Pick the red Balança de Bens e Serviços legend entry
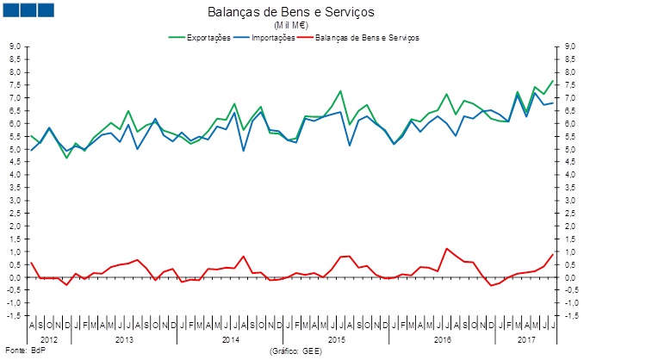click(x=367, y=38)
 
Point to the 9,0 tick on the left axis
click(x=15, y=47)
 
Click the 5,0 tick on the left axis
click(x=15, y=149)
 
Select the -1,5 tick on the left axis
click(x=14, y=316)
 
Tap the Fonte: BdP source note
click(x=19, y=351)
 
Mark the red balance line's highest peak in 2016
click(x=446, y=249)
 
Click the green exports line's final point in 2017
click(x=552, y=81)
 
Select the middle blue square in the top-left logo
click(x=28, y=10)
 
